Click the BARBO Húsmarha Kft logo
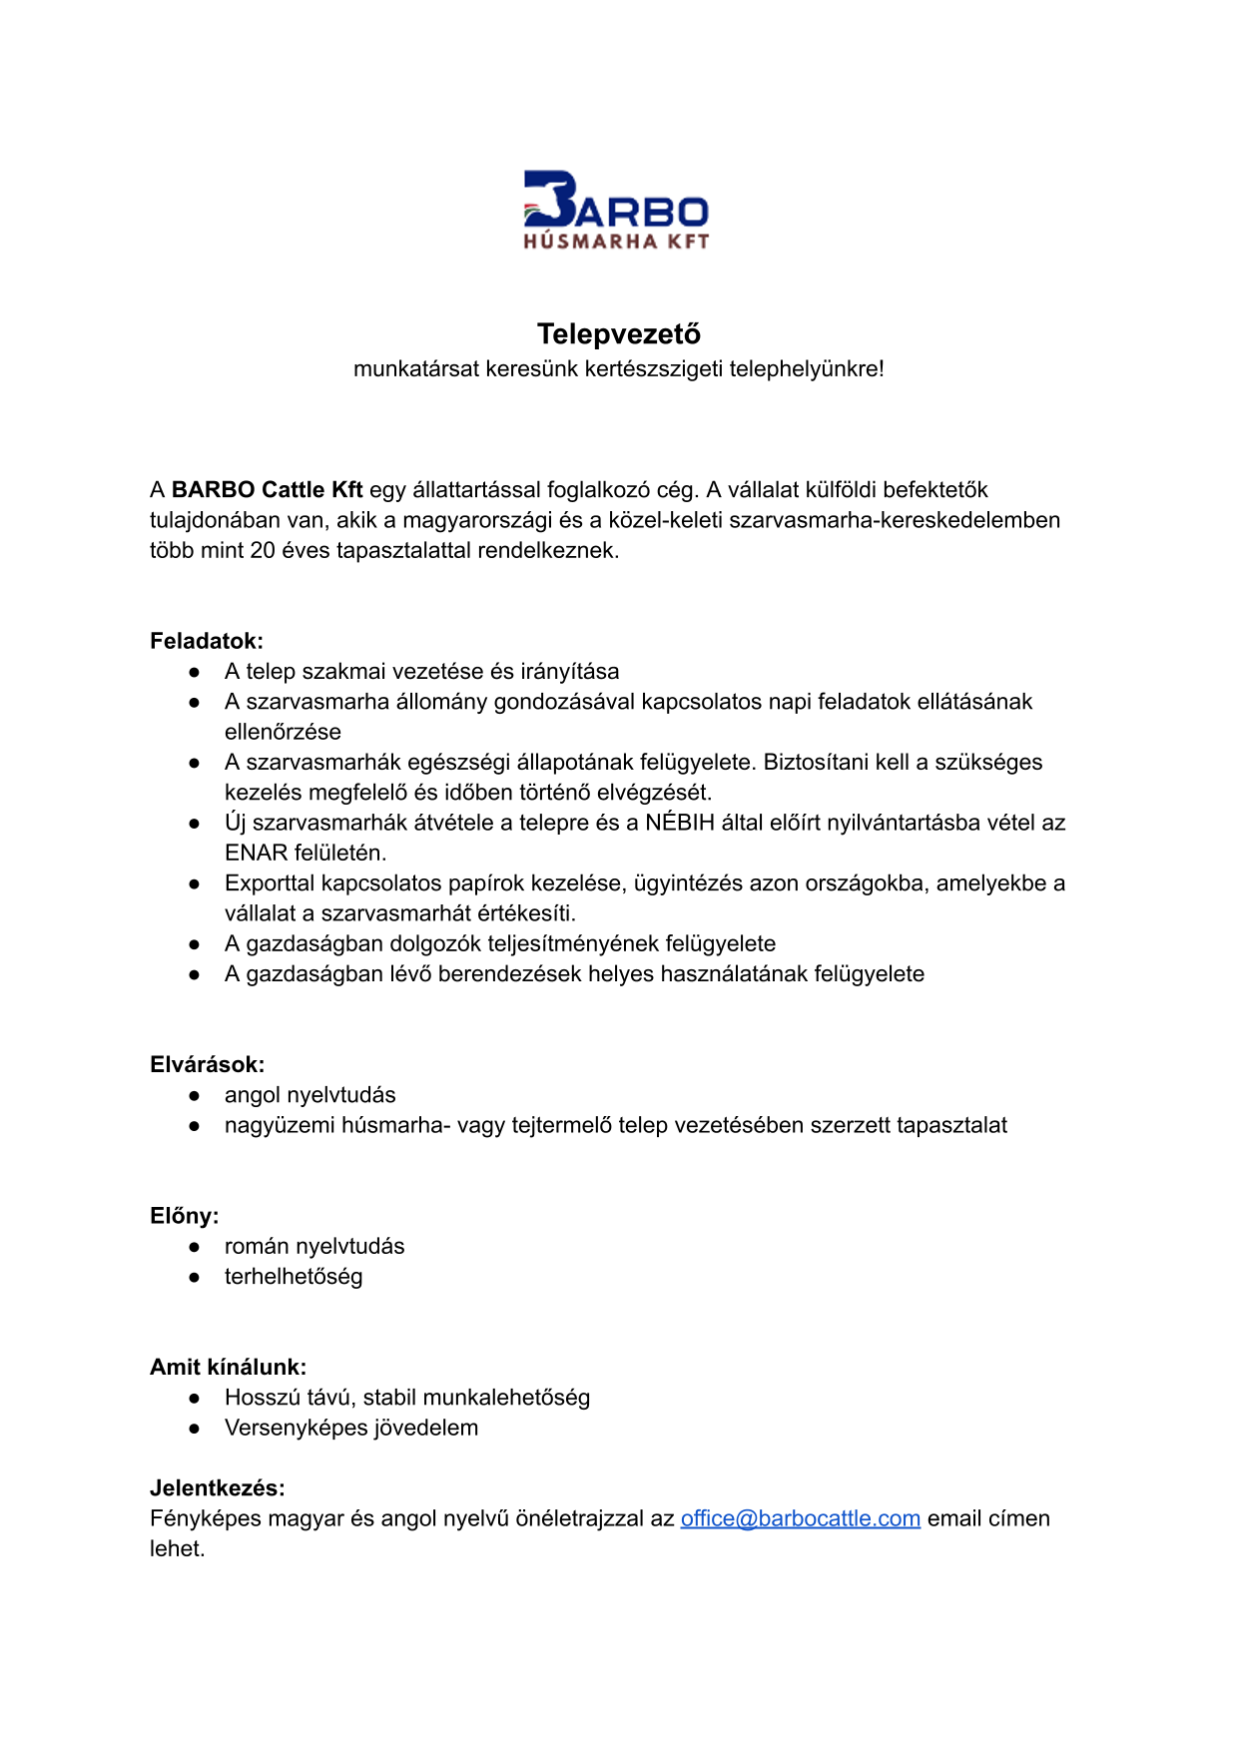coord(616,210)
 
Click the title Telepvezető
coord(619,333)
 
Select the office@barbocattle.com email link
coord(800,1518)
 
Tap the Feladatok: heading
coord(207,641)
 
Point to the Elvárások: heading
coord(208,1064)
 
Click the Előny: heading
coord(185,1216)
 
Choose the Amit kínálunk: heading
coord(229,1367)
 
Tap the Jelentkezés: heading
coord(218,1488)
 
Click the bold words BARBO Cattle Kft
coord(268,490)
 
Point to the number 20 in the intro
coord(263,551)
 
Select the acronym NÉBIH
coord(680,823)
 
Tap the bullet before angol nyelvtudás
coord(195,1095)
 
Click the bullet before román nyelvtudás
coord(195,1247)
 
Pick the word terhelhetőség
coord(294,1277)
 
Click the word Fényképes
coord(201,1518)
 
